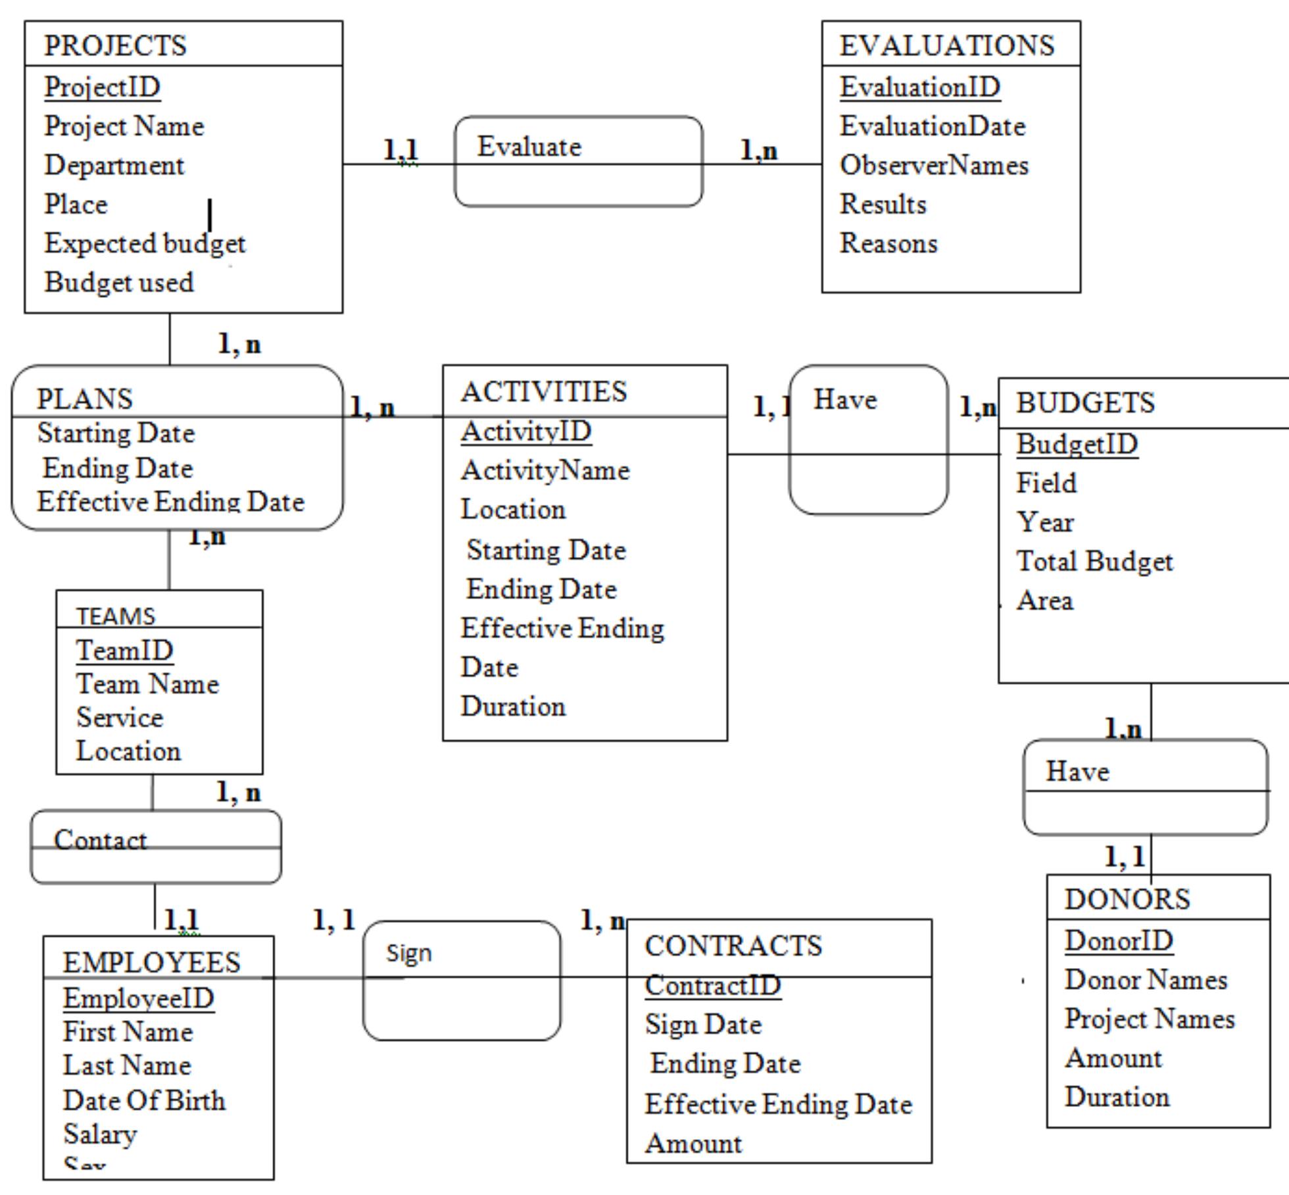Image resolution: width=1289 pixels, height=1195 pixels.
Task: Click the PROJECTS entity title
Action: [x=115, y=45]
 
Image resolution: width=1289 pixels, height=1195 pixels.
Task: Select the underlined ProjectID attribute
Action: [x=103, y=87]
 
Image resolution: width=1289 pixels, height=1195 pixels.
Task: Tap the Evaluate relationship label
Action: [x=529, y=147]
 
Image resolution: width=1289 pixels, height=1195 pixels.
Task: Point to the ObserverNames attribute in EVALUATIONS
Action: [x=933, y=165]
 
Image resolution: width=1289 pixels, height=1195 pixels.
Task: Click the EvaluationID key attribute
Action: [x=919, y=87]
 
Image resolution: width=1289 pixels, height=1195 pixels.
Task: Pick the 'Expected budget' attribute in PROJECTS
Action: [x=145, y=243]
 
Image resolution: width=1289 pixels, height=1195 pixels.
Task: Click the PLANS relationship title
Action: [x=84, y=399]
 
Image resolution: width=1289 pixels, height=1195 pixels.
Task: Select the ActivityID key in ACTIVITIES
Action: [x=525, y=431]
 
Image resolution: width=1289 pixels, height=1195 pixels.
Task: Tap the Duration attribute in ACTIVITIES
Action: [x=513, y=706]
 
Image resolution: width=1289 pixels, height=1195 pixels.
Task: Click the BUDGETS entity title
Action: [x=1085, y=403]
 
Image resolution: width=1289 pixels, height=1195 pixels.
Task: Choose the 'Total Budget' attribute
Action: [x=1094, y=562]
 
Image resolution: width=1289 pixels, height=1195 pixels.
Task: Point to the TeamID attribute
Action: [x=124, y=650]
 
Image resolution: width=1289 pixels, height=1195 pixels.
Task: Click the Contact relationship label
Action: [x=100, y=840]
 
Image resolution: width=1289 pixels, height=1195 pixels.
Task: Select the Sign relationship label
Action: [x=408, y=953]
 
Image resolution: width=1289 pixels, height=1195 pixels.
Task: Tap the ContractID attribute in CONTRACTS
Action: [x=712, y=985]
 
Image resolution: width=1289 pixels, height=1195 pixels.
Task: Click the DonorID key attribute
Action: [x=1118, y=940]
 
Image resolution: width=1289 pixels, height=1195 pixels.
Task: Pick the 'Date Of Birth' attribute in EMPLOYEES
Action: [x=144, y=1100]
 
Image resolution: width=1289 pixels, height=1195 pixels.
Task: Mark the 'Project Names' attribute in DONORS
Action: [x=1149, y=1019]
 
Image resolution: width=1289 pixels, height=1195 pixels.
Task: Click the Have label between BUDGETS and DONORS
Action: [x=1077, y=771]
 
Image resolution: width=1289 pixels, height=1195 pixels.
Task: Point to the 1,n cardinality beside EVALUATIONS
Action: [x=758, y=151]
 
